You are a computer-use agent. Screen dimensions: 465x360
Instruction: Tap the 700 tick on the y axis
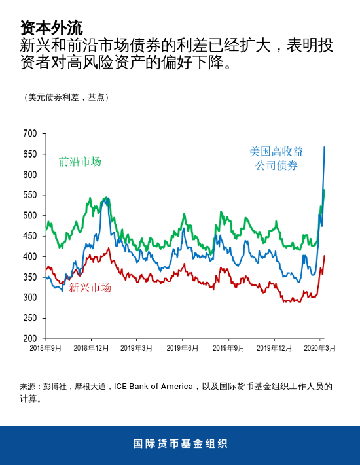[x=30, y=133]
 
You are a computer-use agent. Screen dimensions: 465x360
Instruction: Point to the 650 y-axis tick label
[x=30, y=154]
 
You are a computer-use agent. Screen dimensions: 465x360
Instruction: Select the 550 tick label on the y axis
[x=30, y=195]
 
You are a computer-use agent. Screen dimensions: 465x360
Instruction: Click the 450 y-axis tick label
[x=30, y=236]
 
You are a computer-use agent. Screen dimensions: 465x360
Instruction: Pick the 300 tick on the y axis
[x=30, y=298]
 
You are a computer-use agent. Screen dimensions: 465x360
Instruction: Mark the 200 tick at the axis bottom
[x=30, y=339]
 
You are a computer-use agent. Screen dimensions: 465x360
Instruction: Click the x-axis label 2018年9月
[x=46, y=349]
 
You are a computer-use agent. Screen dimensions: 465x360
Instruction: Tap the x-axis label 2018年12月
[x=91, y=349]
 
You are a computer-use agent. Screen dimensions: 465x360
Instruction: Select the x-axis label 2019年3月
[x=137, y=349]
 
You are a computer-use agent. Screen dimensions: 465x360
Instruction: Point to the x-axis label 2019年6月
[x=183, y=349]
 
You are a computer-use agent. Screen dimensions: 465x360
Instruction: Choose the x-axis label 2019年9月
[x=228, y=349]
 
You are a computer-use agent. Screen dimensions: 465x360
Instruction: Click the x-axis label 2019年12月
[x=274, y=349]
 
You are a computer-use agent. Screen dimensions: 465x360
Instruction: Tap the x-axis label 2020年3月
[x=320, y=349]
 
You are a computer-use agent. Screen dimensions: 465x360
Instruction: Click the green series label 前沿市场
[x=80, y=162]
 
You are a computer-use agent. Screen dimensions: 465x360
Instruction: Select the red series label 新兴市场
[x=90, y=287]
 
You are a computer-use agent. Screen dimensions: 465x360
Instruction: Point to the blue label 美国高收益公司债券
[x=276, y=158]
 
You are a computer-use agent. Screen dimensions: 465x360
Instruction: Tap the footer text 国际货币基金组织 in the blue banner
[x=180, y=443]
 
